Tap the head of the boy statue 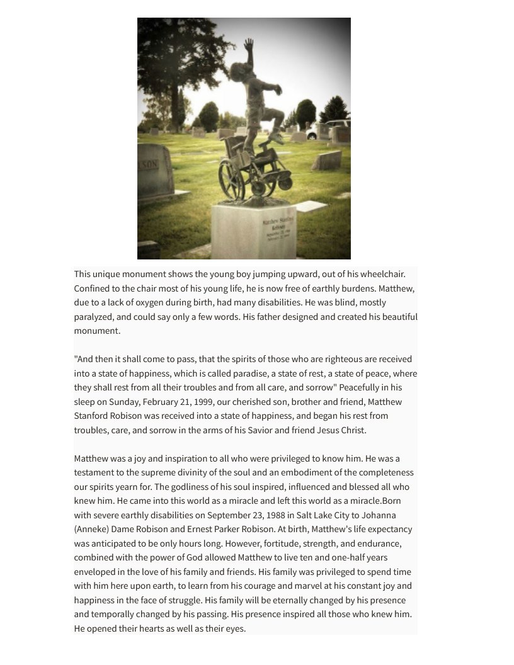coord(238,71)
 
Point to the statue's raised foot coord(276,137)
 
